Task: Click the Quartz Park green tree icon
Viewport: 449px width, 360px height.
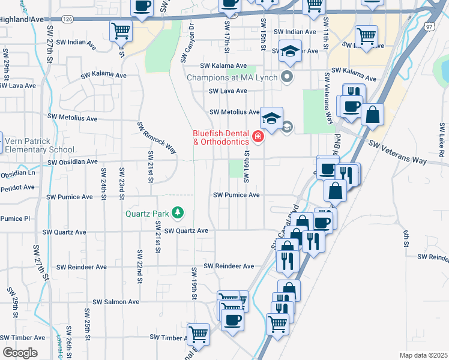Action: coord(178,212)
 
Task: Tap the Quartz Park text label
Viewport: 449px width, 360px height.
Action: coord(147,213)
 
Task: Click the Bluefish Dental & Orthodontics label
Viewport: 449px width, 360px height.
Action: coord(221,138)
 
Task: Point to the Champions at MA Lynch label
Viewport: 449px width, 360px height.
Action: coord(233,77)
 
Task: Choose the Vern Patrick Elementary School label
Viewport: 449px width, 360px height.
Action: coord(38,145)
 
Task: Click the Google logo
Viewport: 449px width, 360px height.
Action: coord(20,352)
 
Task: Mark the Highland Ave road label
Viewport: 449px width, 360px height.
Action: coord(23,19)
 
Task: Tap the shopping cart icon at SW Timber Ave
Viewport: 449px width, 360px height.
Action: coord(198,334)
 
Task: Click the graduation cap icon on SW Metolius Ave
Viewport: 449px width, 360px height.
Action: coord(271,117)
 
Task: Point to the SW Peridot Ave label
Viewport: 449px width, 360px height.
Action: coord(17,187)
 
